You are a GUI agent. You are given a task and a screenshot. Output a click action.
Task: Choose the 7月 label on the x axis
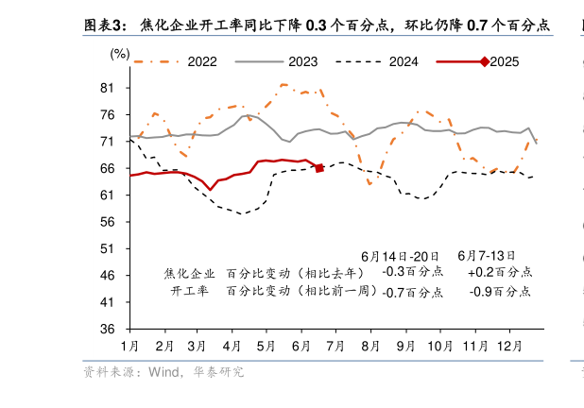[335, 346]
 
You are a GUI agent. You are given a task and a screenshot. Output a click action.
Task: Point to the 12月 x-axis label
[508, 346]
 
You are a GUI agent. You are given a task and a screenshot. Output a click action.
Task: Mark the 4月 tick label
[232, 346]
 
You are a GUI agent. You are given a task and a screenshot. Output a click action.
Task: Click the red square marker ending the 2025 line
[319, 168]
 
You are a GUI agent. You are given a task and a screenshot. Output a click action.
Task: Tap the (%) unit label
[120, 54]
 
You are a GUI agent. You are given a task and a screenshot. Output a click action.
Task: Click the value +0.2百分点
[499, 272]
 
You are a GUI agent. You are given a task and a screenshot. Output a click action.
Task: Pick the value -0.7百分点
[411, 292]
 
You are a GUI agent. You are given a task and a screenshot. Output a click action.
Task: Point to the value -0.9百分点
[500, 292]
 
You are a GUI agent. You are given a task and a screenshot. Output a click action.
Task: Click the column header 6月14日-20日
[401, 256]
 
